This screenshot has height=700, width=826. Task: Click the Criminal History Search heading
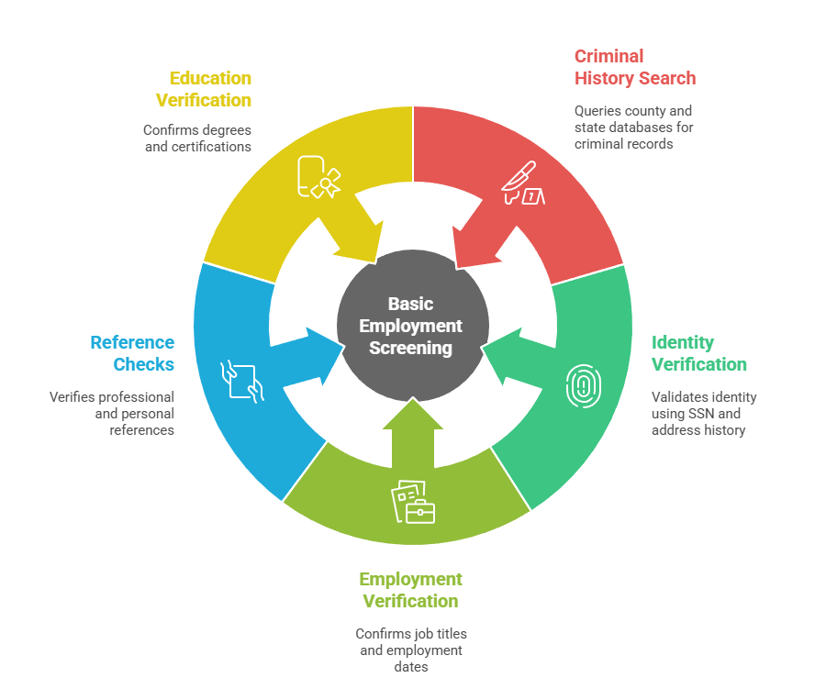coord(635,67)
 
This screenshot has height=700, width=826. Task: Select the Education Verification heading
coord(204,89)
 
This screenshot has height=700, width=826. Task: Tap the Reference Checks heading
coord(132,353)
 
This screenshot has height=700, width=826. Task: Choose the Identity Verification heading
coord(699,353)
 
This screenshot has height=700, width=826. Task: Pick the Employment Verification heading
coord(411,590)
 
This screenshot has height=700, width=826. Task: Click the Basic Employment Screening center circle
coord(412,326)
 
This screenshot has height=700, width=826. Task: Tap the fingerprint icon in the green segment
coord(583,386)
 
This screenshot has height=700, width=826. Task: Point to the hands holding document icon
coord(242,382)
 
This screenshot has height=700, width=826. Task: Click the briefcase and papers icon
coord(413,502)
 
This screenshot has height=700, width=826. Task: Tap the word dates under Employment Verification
coord(411,667)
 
